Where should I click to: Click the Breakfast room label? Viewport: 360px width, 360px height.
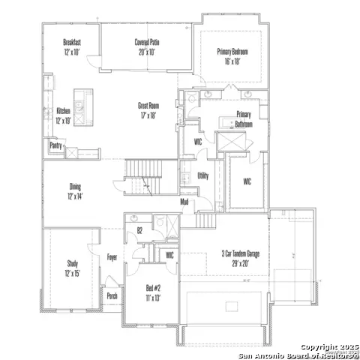click(x=72, y=43)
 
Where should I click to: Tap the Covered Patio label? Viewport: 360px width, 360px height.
click(x=146, y=43)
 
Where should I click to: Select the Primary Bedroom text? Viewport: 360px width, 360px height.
click(x=233, y=52)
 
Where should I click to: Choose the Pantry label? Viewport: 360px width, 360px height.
click(x=55, y=145)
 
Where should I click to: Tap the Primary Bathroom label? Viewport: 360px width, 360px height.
click(x=244, y=119)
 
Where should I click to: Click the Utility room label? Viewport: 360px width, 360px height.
click(x=202, y=175)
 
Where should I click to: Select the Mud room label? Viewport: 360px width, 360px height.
click(x=184, y=202)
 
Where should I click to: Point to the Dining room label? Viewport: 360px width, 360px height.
click(x=75, y=187)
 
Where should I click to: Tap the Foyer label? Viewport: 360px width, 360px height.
click(x=112, y=256)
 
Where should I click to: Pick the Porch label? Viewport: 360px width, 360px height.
click(x=112, y=295)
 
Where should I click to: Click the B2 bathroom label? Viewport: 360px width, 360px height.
click(x=139, y=231)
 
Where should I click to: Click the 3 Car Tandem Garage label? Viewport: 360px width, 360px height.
click(x=240, y=254)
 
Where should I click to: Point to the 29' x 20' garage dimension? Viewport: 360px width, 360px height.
click(x=240, y=263)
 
